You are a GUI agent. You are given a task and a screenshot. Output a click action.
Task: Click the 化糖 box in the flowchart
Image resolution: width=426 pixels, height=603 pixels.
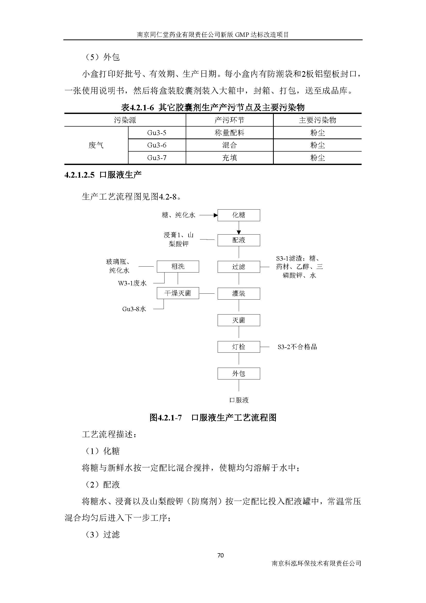tap(238, 215)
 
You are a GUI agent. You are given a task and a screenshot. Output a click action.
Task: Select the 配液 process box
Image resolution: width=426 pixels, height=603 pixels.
tap(238, 240)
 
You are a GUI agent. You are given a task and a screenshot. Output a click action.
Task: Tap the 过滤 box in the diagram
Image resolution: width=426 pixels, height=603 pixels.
tap(238, 267)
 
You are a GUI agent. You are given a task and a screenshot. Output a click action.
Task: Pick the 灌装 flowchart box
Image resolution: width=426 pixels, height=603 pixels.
tap(238, 293)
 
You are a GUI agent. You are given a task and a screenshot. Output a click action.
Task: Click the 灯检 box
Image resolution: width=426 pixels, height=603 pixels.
tap(238, 347)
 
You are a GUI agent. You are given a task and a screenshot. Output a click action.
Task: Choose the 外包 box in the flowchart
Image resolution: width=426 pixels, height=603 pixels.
tap(238, 374)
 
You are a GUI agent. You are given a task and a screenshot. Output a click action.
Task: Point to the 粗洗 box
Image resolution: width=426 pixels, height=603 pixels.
tap(178, 267)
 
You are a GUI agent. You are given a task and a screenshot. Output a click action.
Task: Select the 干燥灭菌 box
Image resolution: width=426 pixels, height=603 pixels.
tap(178, 293)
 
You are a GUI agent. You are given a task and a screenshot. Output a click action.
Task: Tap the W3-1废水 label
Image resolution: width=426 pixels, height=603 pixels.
tap(132, 283)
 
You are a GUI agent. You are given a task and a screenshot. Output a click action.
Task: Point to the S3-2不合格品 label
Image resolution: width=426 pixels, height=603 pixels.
tap(297, 347)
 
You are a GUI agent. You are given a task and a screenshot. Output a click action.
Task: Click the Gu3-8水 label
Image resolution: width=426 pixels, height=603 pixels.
tap(134, 309)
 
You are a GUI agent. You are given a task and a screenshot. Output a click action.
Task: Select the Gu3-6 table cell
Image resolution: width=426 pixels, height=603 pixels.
tap(157, 145)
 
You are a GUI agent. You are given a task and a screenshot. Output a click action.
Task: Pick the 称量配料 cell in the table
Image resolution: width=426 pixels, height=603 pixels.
tap(229, 133)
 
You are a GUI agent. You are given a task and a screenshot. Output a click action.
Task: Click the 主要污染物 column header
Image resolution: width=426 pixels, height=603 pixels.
tap(317, 120)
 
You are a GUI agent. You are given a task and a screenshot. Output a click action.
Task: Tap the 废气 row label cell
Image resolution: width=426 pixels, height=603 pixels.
tap(96, 145)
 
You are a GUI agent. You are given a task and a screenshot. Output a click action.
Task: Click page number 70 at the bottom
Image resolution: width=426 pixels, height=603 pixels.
tap(220, 556)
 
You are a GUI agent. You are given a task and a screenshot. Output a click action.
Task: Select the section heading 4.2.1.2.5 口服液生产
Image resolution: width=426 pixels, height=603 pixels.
tap(103, 175)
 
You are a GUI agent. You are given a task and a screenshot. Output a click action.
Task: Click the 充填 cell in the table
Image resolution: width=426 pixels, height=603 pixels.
tap(229, 158)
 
